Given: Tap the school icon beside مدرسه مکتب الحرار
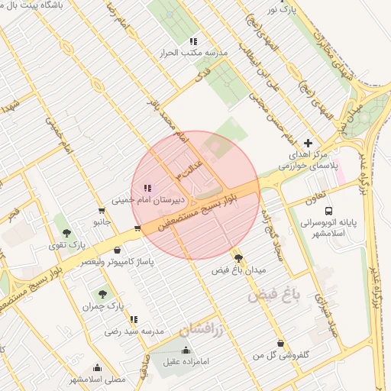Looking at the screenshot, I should [194, 41].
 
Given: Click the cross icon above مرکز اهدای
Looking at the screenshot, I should [309, 143].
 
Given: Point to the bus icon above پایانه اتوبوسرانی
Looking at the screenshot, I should [328, 210].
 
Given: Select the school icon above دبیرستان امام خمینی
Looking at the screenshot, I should [147, 188].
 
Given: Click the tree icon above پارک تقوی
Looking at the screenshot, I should [66, 232].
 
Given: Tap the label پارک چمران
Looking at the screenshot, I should [104, 306].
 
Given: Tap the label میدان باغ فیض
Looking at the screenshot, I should [239, 271].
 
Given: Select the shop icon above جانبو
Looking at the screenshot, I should [102, 211].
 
